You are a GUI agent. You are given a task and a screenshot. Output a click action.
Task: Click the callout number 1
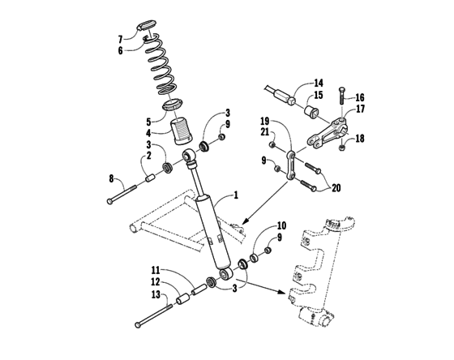[236, 195]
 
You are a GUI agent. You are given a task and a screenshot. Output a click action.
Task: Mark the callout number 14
[319, 82]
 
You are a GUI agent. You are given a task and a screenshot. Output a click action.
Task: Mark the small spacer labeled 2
[151, 178]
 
